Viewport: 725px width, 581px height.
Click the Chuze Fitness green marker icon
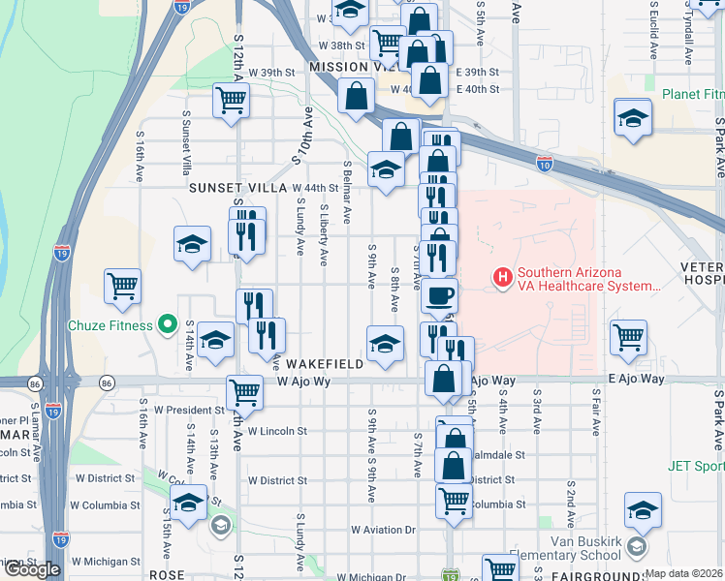click(167, 325)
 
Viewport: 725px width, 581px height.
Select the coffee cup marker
click(440, 294)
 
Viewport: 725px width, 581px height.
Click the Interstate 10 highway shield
click(546, 165)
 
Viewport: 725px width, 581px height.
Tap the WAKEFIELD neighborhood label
click(325, 364)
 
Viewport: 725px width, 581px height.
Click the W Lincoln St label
click(277, 431)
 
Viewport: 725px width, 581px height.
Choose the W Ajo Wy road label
click(304, 382)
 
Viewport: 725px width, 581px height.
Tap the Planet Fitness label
click(693, 95)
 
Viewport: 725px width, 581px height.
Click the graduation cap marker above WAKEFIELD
click(385, 342)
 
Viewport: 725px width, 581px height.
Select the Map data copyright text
click(684, 574)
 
